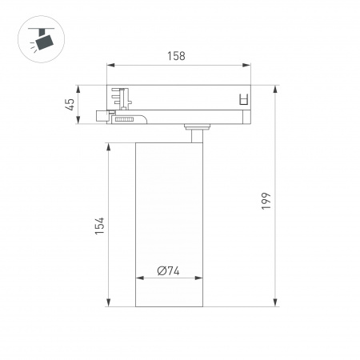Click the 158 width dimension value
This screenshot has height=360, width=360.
(x=177, y=56)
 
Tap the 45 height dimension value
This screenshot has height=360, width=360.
(x=70, y=103)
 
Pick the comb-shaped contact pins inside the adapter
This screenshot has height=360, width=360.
(x=123, y=98)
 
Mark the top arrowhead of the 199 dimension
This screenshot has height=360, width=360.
(x=277, y=86)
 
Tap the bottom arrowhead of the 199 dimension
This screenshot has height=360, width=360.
(x=277, y=304)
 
